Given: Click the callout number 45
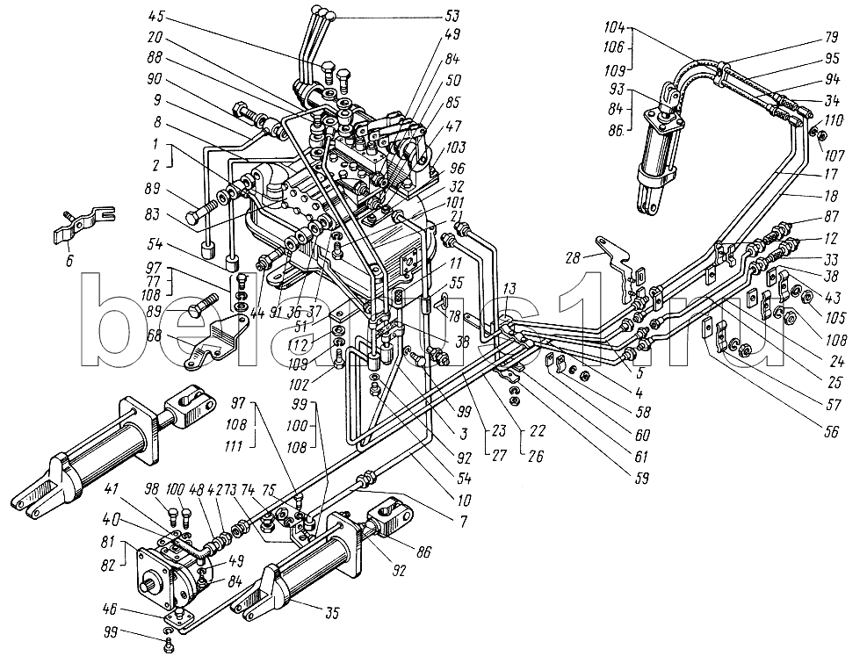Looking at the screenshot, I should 157,15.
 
